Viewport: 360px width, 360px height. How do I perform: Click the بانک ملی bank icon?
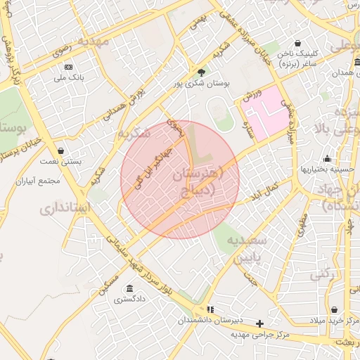click(x=68, y=67)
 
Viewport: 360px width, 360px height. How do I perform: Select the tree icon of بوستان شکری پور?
click(x=202, y=72)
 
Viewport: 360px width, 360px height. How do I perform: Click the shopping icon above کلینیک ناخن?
click(x=298, y=42)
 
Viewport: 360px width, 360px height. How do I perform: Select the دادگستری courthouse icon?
click(x=129, y=288)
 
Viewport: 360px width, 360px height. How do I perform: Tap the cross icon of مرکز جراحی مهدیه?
click(x=260, y=324)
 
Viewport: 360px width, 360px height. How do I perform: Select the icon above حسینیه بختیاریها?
click(x=328, y=158)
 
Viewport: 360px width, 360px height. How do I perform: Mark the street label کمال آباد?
click(x=267, y=188)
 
